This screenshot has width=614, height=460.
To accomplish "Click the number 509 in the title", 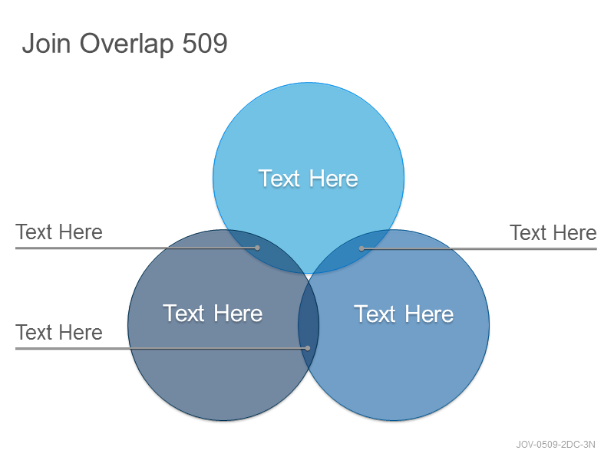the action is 205,43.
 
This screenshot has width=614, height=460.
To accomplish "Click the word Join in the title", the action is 46,43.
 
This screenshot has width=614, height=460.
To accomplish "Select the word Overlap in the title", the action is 127,44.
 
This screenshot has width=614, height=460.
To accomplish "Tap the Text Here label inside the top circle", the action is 308,179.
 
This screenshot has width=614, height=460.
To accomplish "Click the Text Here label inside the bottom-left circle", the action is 213,314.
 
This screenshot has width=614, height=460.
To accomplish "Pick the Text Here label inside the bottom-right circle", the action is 404,314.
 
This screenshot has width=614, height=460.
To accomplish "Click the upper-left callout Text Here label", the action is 59,232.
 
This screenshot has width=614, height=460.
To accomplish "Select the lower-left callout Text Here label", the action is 59,333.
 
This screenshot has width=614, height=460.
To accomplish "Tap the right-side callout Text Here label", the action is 553,233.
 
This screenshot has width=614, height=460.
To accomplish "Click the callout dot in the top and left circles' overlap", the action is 257,248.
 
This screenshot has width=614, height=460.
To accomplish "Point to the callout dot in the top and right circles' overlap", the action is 361,248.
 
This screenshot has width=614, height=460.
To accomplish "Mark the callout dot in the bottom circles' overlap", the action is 308,348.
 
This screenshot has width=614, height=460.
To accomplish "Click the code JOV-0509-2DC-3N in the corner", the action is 555,445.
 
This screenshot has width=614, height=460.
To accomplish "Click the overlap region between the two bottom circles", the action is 309,324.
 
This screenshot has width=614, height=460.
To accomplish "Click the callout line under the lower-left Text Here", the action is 162,348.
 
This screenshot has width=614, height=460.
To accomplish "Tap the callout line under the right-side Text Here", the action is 478,248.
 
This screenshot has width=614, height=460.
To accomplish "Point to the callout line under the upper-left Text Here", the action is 137,248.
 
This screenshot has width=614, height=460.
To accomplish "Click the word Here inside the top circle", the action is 333,179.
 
